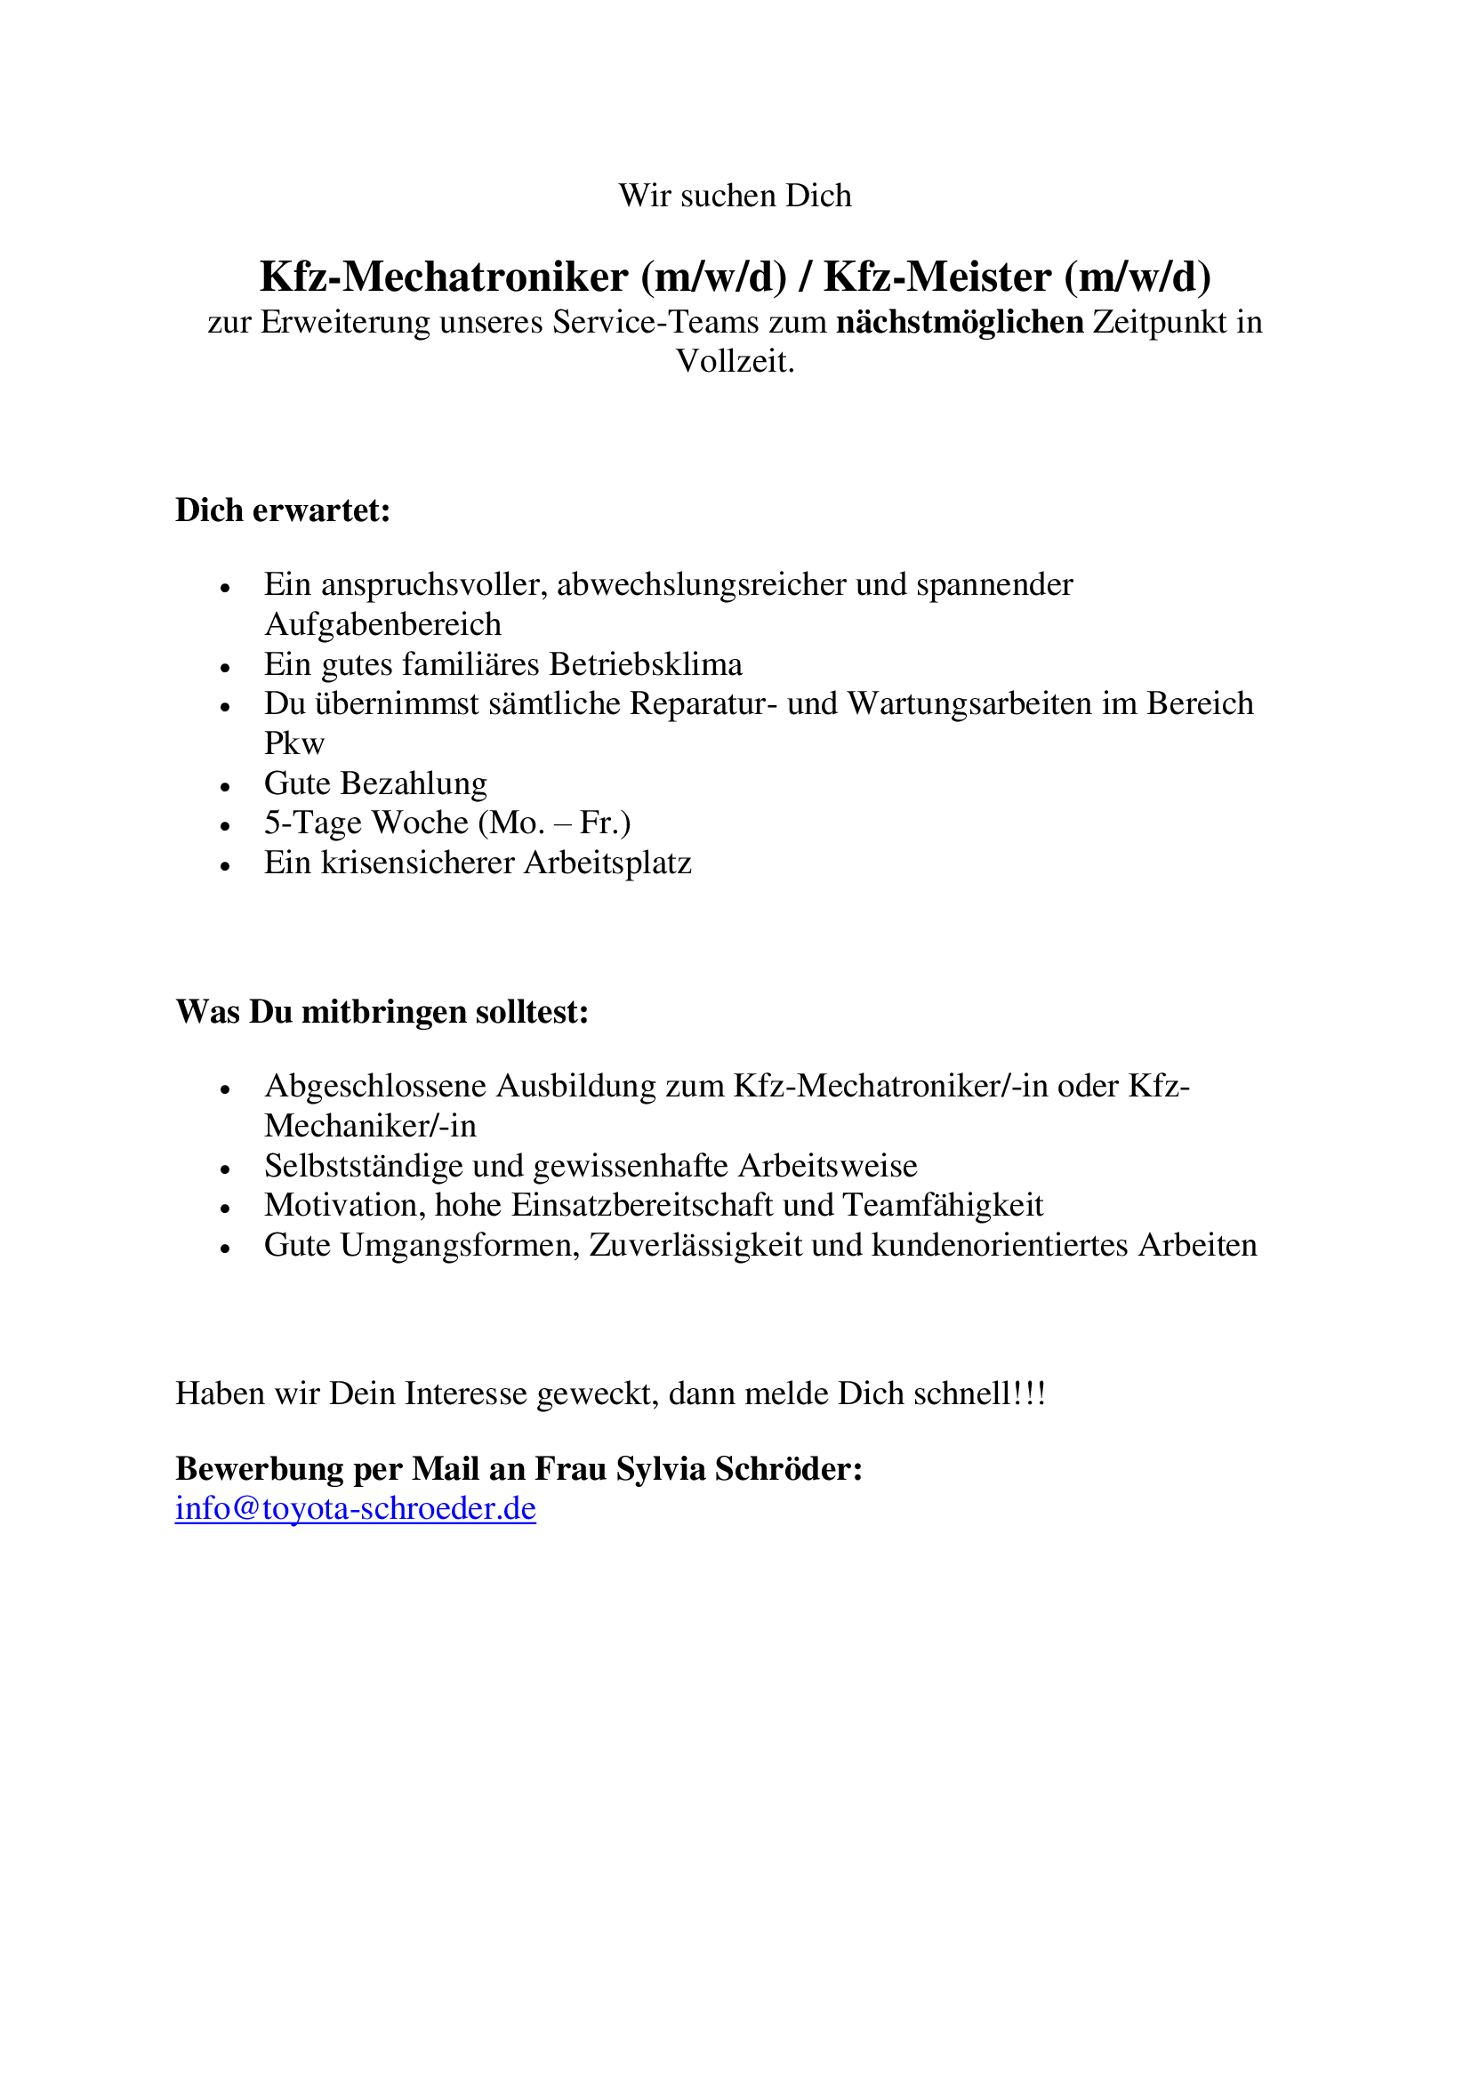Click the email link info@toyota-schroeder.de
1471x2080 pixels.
[x=355, y=1508]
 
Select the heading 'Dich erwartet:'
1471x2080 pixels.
[x=283, y=511]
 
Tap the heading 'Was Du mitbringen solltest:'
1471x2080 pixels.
[x=382, y=1012]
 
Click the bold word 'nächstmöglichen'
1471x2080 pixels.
[x=960, y=323]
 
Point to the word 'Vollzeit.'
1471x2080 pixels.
[x=735, y=361]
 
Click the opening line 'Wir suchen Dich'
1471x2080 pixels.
[x=735, y=196]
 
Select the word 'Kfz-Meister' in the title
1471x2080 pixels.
[x=936, y=277]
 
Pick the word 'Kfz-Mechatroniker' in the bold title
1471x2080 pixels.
[x=444, y=277]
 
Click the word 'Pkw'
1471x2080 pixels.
[x=293, y=743]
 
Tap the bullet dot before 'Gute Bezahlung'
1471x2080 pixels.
[x=226, y=785]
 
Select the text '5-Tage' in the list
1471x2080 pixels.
[x=312, y=823]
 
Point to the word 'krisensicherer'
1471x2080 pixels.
[x=416, y=863]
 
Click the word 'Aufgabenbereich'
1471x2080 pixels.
[x=382, y=624]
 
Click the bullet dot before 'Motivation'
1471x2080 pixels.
[x=226, y=1209]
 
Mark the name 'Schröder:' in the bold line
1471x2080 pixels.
[x=788, y=1468]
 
